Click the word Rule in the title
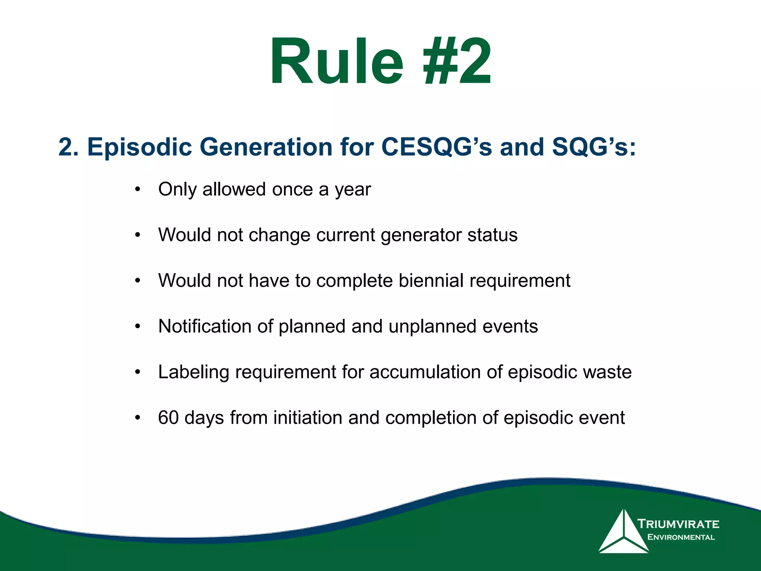336,61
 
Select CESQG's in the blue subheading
437,147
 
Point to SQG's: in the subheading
594,147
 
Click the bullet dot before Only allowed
138,190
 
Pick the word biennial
431,281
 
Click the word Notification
205,326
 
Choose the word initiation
308,418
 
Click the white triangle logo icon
623,533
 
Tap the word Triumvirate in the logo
679,524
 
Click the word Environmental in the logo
681,537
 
